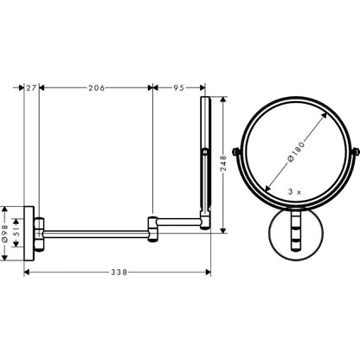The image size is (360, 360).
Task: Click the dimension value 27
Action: [x=31, y=87]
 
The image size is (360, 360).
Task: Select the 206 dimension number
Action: [x=96, y=87]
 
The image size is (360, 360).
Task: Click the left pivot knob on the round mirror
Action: [x=238, y=155]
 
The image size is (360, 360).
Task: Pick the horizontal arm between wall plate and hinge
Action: [x=95, y=231]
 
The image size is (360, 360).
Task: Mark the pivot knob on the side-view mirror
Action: [x=205, y=154]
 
